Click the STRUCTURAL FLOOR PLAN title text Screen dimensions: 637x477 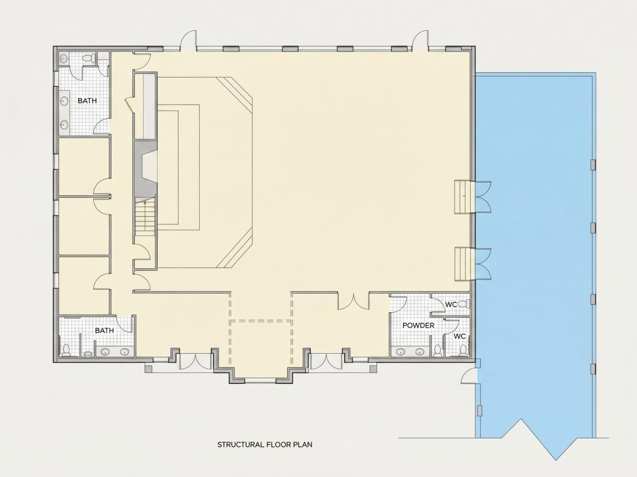click(265, 445)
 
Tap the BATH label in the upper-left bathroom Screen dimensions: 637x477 click(87, 101)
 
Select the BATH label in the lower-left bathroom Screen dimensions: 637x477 click(104, 331)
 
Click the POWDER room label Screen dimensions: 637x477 click(419, 326)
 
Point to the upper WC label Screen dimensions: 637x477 click(451, 304)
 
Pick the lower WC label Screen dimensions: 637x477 click(459, 337)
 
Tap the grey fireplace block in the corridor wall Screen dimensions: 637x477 click(145, 169)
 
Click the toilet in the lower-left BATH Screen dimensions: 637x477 click(66, 350)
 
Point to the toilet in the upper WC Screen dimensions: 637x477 click(466, 304)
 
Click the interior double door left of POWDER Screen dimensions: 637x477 click(353, 302)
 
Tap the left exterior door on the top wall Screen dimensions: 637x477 click(189, 40)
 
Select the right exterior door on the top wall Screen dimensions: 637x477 click(420, 40)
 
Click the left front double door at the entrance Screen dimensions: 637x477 click(195, 361)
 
